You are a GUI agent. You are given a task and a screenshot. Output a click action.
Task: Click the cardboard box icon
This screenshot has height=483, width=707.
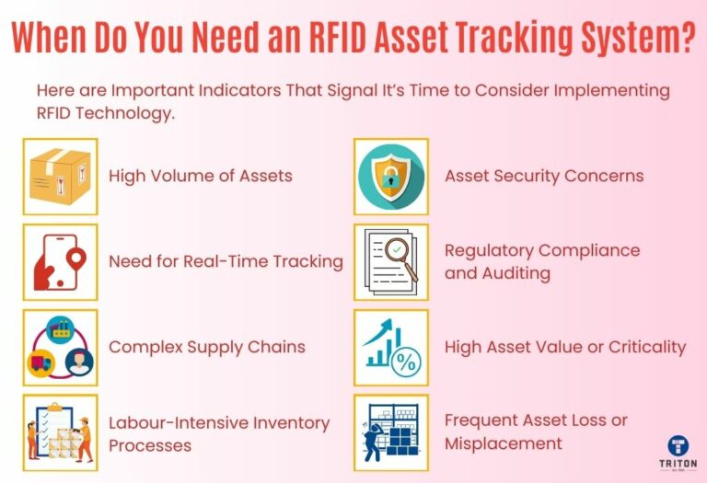pos(61,177)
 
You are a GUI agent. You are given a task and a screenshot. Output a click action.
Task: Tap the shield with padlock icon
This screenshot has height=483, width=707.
pos(391,177)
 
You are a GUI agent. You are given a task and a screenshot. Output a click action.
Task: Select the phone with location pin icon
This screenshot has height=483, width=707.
pos(61,262)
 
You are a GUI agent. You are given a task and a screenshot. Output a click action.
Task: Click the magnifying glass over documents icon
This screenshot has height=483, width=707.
pos(391,262)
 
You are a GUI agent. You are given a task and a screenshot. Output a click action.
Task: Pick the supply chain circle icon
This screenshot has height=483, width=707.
pos(61,348)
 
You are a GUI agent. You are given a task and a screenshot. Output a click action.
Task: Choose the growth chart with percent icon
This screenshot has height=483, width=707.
pos(391,348)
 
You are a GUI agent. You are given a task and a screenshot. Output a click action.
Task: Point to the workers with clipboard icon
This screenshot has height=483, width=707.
pos(61,433)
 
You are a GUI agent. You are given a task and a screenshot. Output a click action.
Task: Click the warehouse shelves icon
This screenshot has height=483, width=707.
pos(391,433)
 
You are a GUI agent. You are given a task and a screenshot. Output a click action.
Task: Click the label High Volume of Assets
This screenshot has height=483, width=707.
pos(200,176)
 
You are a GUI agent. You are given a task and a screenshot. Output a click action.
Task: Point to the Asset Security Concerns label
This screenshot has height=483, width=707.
pos(544,176)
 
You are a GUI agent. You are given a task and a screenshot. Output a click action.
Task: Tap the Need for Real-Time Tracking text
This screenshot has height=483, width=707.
pos(226,261)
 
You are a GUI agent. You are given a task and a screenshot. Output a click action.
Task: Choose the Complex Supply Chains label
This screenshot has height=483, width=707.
pos(206,347)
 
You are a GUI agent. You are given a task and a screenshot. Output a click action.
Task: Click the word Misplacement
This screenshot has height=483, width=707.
pos(503,443)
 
